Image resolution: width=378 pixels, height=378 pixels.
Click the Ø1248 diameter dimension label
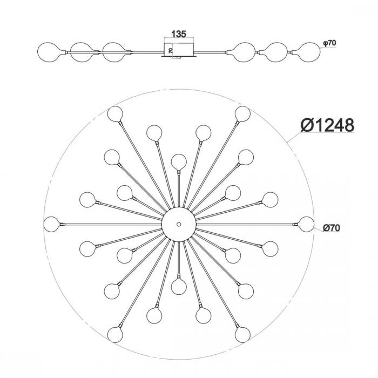327,125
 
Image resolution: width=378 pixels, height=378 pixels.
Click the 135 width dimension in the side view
179,34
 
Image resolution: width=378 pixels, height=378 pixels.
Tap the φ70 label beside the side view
329,43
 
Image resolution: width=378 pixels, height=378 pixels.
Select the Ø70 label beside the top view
331,228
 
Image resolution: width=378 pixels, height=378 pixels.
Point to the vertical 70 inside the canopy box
171,50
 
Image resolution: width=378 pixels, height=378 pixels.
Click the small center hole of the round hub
179,224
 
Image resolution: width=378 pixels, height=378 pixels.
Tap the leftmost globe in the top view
52,224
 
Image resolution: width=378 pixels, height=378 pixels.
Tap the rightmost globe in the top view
306,224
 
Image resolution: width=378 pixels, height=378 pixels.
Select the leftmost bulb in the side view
48,52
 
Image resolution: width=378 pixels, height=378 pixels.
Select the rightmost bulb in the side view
309,52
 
